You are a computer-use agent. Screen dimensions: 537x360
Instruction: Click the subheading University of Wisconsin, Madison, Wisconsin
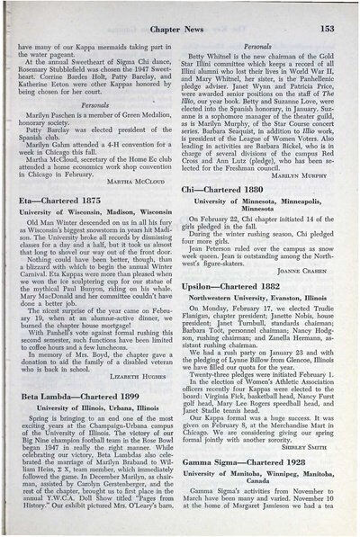[100, 218]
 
